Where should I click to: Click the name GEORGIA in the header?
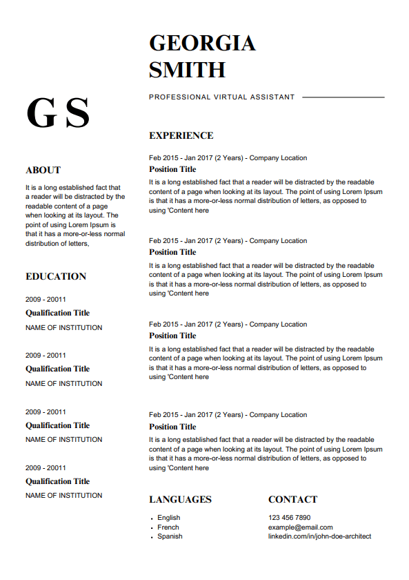pyautogui.click(x=202, y=43)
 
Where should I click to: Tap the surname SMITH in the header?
pyautogui.click(x=187, y=70)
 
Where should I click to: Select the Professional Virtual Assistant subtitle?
pyautogui.click(x=221, y=97)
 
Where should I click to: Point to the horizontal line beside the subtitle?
pyautogui.click(x=343, y=97)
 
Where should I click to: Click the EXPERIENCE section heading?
pyautogui.click(x=181, y=135)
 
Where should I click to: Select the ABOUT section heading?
pyautogui.click(x=43, y=170)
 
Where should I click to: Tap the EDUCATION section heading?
pyautogui.click(x=56, y=276)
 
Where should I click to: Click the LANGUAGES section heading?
pyautogui.click(x=180, y=499)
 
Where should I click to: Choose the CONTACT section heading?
pyautogui.click(x=292, y=499)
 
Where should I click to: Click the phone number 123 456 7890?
pyautogui.click(x=289, y=518)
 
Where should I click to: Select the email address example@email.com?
pyautogui.click(x=300, y=527)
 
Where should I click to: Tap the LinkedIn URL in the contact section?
pyautogui.click(x=319, y=536)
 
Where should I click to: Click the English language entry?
pyautogui.click(x=168, y=518)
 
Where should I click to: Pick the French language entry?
pyautogui.click(x=168, y=527)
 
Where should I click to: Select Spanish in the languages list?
pyautogui.click(x=170, y=536)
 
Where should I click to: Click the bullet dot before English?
pyautogui.click(x=151, y=519)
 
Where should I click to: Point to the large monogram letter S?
pyautogui.click(x=77, y=113)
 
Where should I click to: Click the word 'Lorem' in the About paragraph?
pyautogui.click(x=86, y=224)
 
